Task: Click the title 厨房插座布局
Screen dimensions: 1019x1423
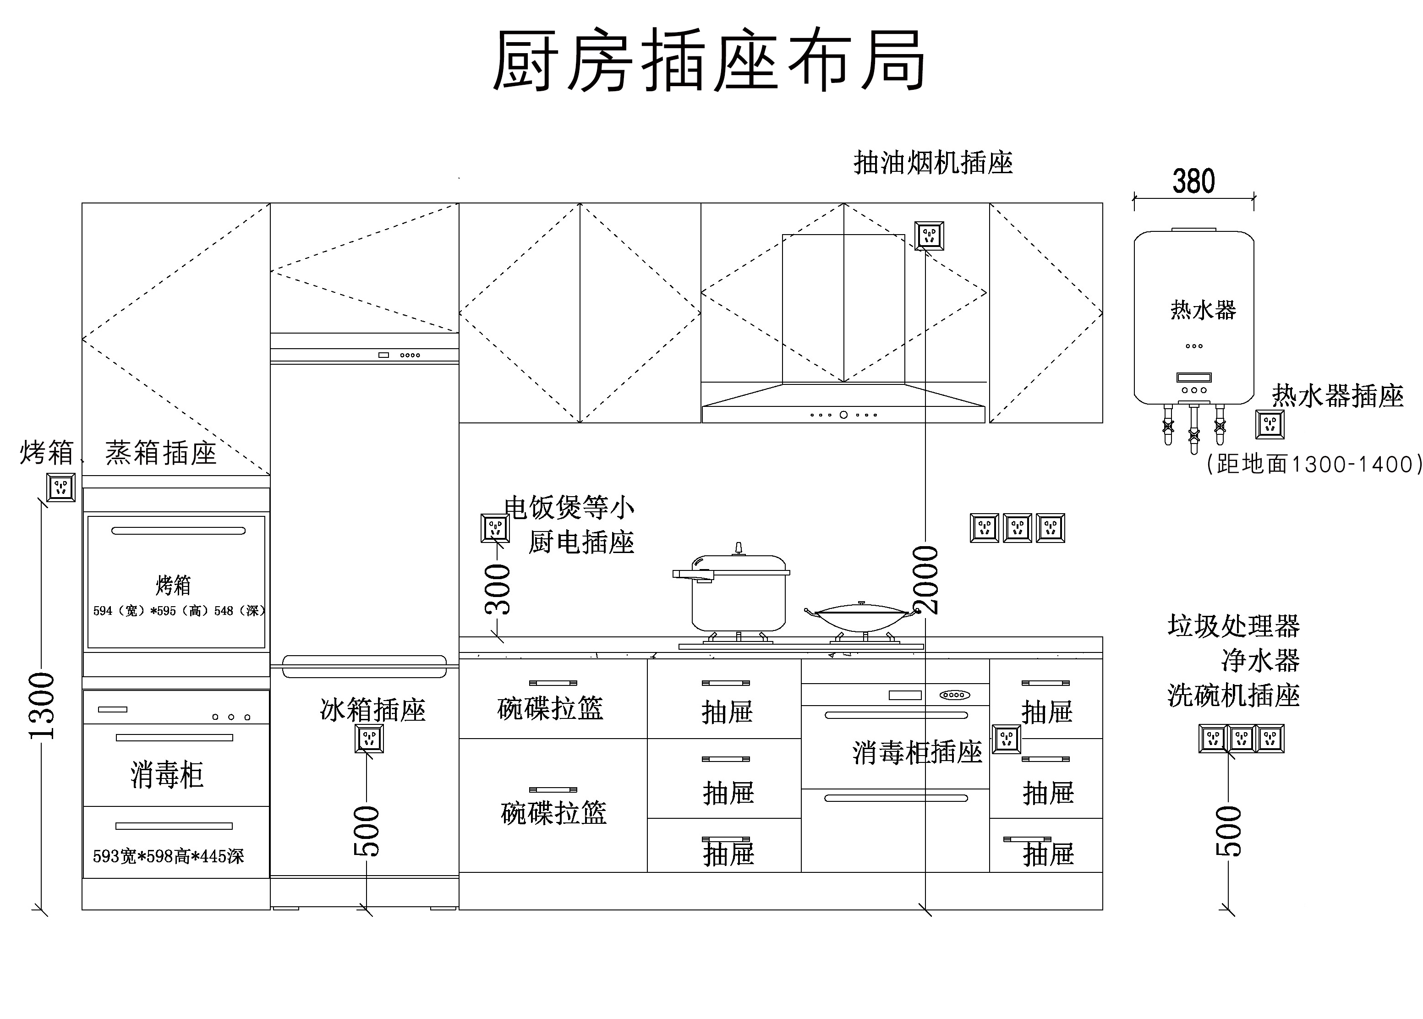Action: [x=709, y=61]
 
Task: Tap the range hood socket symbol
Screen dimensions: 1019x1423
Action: [x=929, y=236]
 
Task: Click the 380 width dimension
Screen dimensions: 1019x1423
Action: [x=1193, y=182]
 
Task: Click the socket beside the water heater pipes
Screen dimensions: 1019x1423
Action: [x=1270, y=425]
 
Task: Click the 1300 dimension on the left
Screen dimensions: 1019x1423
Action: [x=43, y=706]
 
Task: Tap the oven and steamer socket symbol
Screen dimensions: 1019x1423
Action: [x=61, y=487]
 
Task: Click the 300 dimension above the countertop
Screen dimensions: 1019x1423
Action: [x=499, y=589]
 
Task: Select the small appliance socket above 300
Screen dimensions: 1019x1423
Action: [x=495, y=528]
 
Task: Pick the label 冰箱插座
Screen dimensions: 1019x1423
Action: [x=372, y=710]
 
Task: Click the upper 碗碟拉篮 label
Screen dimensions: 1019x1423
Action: [x=550, y=708]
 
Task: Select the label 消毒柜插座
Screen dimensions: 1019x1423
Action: [x=917, y=752]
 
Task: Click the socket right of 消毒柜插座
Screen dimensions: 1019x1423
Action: [x=1007, y=739]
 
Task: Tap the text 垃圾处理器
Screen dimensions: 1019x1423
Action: [x=1233, y=625]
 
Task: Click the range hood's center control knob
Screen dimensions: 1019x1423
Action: [x=844, y=415]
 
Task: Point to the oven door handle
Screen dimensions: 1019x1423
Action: [x=178, y=531]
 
